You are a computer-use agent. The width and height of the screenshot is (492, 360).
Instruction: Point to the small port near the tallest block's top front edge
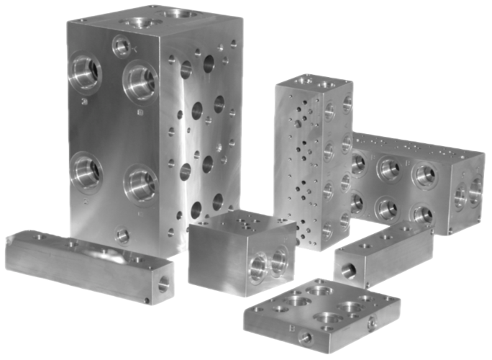pos(122,47)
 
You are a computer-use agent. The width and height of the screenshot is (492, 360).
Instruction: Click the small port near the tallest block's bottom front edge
pos(123,235)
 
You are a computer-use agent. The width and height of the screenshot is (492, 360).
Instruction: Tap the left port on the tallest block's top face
pos(135,21)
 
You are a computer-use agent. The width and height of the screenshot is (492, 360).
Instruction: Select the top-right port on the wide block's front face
pos(424,174)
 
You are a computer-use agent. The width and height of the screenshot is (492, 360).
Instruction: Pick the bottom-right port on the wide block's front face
pos(422,213)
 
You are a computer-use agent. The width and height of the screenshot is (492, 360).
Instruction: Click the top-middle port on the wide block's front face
pos(389,168)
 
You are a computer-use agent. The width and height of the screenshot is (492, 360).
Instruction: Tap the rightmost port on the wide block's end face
pos(475,189)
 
